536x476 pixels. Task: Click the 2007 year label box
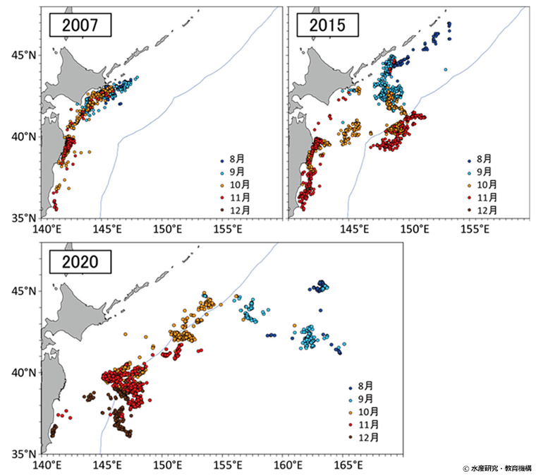pyautogui.click(x=78, y=26)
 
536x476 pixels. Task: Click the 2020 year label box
pyautogui.click(x=78, y=263)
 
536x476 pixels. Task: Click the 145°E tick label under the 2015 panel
pyautogui.click(x=354, y=230)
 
